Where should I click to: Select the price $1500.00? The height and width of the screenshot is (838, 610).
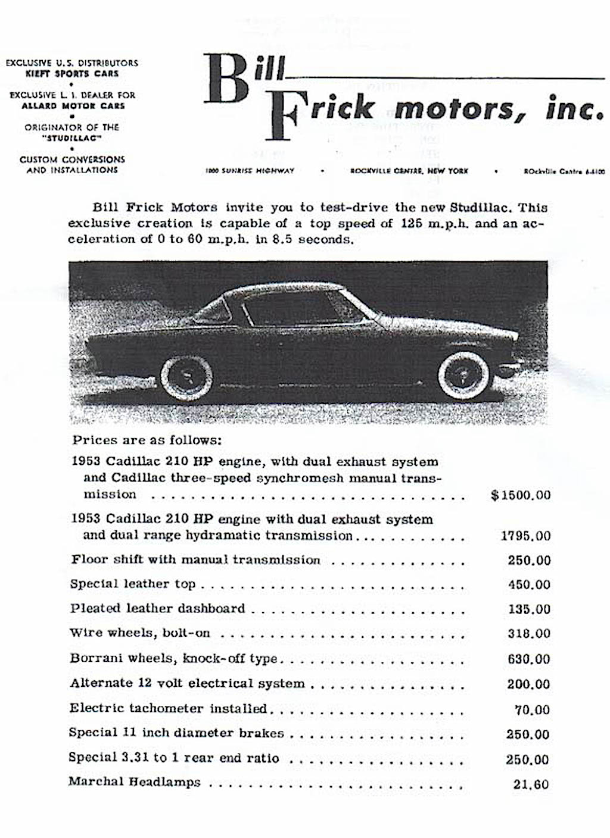521,495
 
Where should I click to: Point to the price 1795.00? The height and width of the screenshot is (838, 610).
525,536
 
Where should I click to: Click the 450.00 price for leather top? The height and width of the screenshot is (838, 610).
529,585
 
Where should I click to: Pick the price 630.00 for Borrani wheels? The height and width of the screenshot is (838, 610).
529,659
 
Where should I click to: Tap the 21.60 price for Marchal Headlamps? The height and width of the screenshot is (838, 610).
531,784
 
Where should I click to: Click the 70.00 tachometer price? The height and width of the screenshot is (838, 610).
532,709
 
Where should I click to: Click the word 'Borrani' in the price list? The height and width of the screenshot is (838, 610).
94,659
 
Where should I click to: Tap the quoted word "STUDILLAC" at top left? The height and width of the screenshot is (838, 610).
72,138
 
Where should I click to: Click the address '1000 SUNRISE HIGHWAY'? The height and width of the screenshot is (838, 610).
250,171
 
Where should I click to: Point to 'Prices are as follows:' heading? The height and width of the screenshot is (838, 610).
147,441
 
